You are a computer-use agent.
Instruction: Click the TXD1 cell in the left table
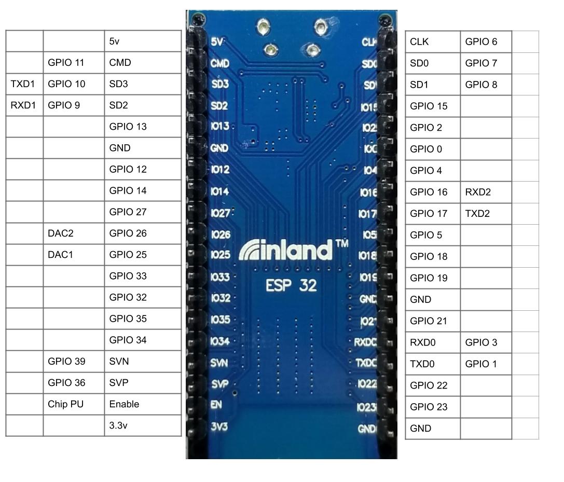24,84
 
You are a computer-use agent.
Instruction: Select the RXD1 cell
24,105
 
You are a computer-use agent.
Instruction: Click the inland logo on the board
285,251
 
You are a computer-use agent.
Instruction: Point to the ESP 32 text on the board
291,285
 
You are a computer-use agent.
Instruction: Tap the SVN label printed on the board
219,363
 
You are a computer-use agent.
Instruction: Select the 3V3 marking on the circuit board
219,426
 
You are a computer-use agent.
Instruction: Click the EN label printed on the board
216,405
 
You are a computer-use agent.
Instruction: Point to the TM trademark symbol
342,243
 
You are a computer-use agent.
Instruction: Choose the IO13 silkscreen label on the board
220,127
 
